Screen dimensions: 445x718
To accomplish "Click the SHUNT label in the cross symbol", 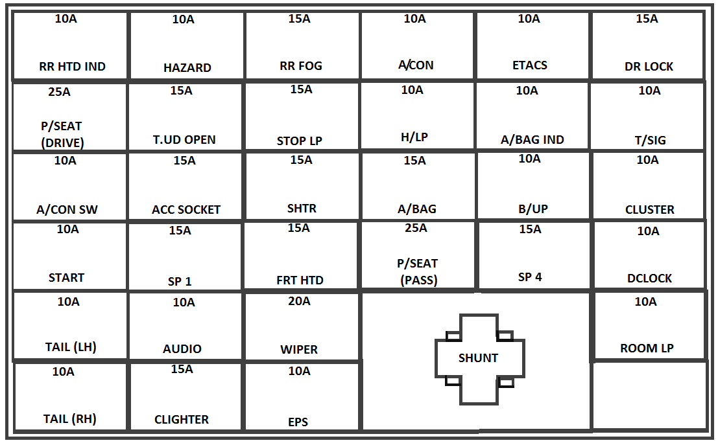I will click(x=478, y=358).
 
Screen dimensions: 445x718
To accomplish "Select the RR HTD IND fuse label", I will click(x=72, y=66).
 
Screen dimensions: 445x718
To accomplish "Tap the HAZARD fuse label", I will click(x=187, y=67).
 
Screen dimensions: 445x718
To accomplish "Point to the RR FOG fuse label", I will click(x=300, y=66).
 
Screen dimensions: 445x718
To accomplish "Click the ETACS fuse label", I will click(x=529, y=65).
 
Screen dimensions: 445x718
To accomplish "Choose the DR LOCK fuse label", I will click(x=649, y=66).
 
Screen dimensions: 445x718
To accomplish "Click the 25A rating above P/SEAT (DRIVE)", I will click(x=59, y=92).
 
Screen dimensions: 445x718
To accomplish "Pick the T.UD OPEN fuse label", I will click(x=184, y=139).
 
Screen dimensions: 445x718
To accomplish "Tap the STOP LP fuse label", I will click(x=299, y=141).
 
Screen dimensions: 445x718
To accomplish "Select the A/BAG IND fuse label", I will click(x=533, y=139).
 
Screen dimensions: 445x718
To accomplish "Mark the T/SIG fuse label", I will click(x=650, y=141).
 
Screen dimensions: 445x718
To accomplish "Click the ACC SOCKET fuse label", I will click(x=186, y=210).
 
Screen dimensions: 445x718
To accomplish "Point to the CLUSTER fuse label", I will click(x=649, y=210).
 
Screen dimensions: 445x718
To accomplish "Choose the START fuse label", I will click(x=66, y=277).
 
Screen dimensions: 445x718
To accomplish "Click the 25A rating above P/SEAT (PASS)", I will click(x=416, y=228).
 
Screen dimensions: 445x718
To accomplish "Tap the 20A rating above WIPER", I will click(x=299, y=301).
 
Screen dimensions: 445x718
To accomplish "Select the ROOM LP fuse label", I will click(x=647, y=348).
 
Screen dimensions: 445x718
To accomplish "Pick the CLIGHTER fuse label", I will click(x=182, y=420).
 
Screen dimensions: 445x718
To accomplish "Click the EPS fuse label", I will click(x=298, y=422).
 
